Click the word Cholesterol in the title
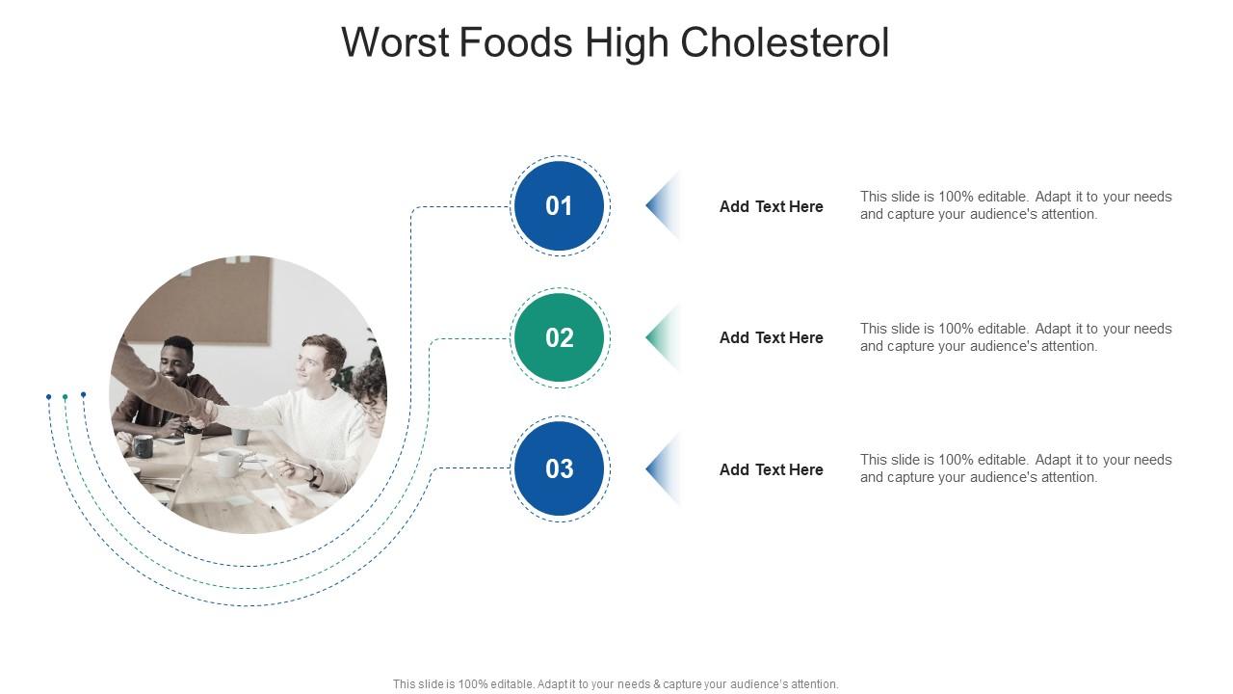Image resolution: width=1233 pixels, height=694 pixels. [784, 43]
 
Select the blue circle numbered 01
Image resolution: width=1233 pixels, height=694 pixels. [560, 206]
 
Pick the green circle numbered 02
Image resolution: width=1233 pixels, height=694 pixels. [560, 337]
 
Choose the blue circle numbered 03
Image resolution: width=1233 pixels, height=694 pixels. [560, 468]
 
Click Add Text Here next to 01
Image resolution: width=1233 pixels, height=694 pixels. [771, 206]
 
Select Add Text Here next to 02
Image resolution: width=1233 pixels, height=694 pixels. [771, 337]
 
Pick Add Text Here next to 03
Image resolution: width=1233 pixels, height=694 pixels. [771, 469]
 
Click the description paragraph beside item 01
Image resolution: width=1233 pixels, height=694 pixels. [1015, 205]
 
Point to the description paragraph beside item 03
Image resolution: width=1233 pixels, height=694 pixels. [1015, 468]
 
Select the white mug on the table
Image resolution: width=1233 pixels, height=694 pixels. [227, 464]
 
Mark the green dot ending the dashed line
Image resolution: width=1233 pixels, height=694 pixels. [66, 397]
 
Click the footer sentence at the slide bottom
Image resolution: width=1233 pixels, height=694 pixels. [616, 684]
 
